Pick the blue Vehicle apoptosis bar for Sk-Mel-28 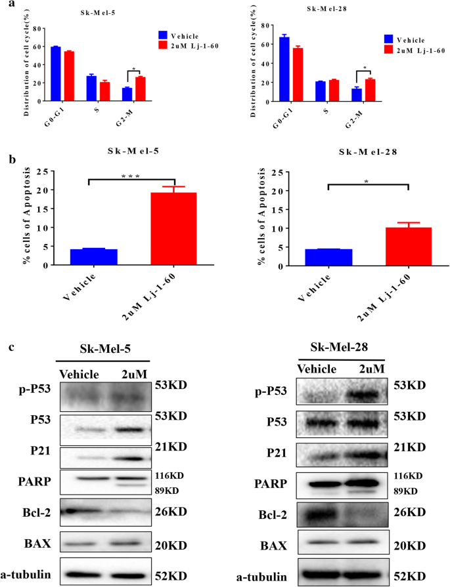(328, 257)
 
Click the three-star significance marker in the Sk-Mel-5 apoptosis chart (131, 175)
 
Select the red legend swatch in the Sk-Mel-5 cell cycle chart (164, 45)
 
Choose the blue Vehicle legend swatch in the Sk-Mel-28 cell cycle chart (389, 39)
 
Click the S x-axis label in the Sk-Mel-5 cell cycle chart (97, 110)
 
